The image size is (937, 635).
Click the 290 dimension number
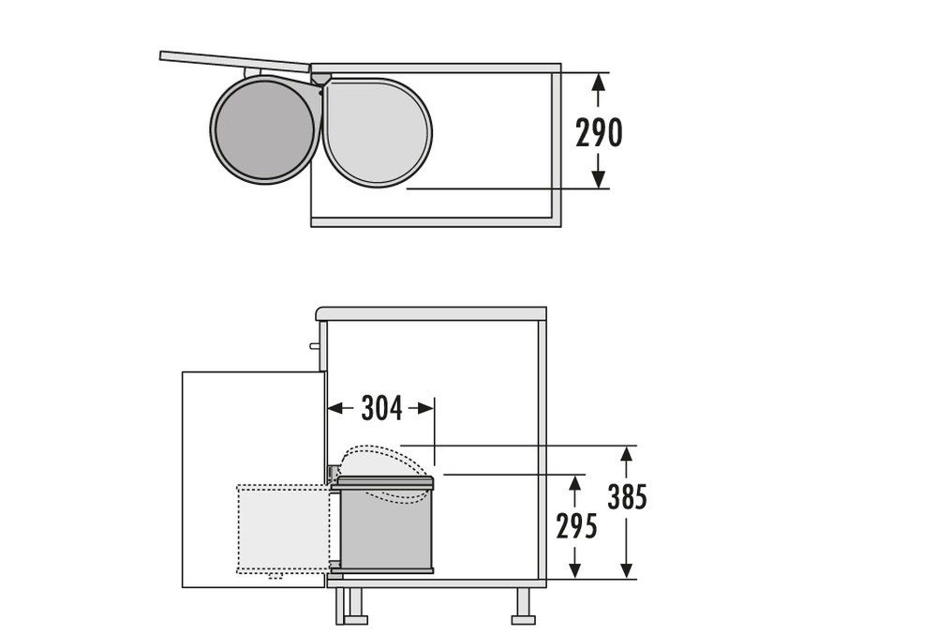[599, 132]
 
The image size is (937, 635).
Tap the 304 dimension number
[382, 408]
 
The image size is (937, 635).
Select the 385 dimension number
[628, 497]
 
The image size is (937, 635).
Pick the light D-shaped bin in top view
[377, 131]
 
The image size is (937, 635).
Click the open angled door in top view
[235, 62]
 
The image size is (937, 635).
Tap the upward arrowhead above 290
[598, 82]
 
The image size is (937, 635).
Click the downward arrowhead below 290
[598, 179]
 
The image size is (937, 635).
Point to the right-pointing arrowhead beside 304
[424, 408]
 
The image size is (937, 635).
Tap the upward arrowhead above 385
[626, 454]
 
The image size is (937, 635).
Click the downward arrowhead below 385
[626, 570]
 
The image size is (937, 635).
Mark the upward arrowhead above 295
[575, 484]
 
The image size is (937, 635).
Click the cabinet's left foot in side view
[350, 605]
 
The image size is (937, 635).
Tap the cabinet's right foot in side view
[524, 605]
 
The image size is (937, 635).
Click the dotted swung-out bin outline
[283, 530]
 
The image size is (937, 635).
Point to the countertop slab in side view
[431, 314]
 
